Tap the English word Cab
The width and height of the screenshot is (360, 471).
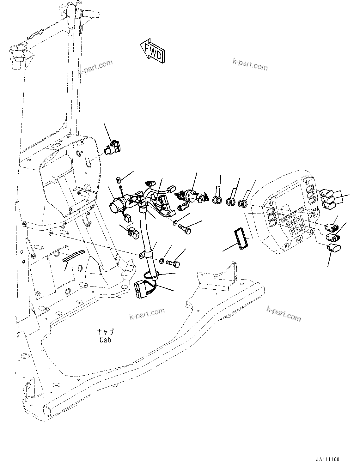click(105, 340)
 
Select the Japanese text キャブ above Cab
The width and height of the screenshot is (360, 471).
click(105, 332)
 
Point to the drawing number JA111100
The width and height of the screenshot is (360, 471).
click(327, 460)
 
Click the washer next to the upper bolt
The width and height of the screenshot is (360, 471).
click(175, 223)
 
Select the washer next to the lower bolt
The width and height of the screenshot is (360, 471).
click(162, 261)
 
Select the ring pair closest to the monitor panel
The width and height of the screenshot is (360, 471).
click(242, 204)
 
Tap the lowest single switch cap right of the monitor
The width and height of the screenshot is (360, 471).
click(334, 249)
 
